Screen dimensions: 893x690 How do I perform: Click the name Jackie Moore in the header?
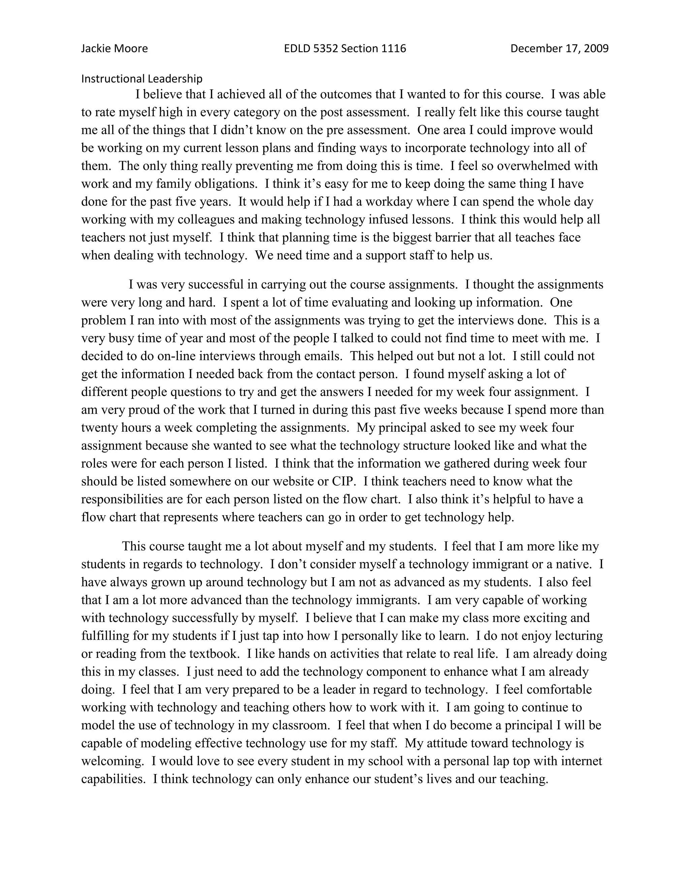click(115, 49)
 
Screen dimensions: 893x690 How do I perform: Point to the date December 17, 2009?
click(559, 49)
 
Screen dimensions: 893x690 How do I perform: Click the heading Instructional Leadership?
click(142, 79)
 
